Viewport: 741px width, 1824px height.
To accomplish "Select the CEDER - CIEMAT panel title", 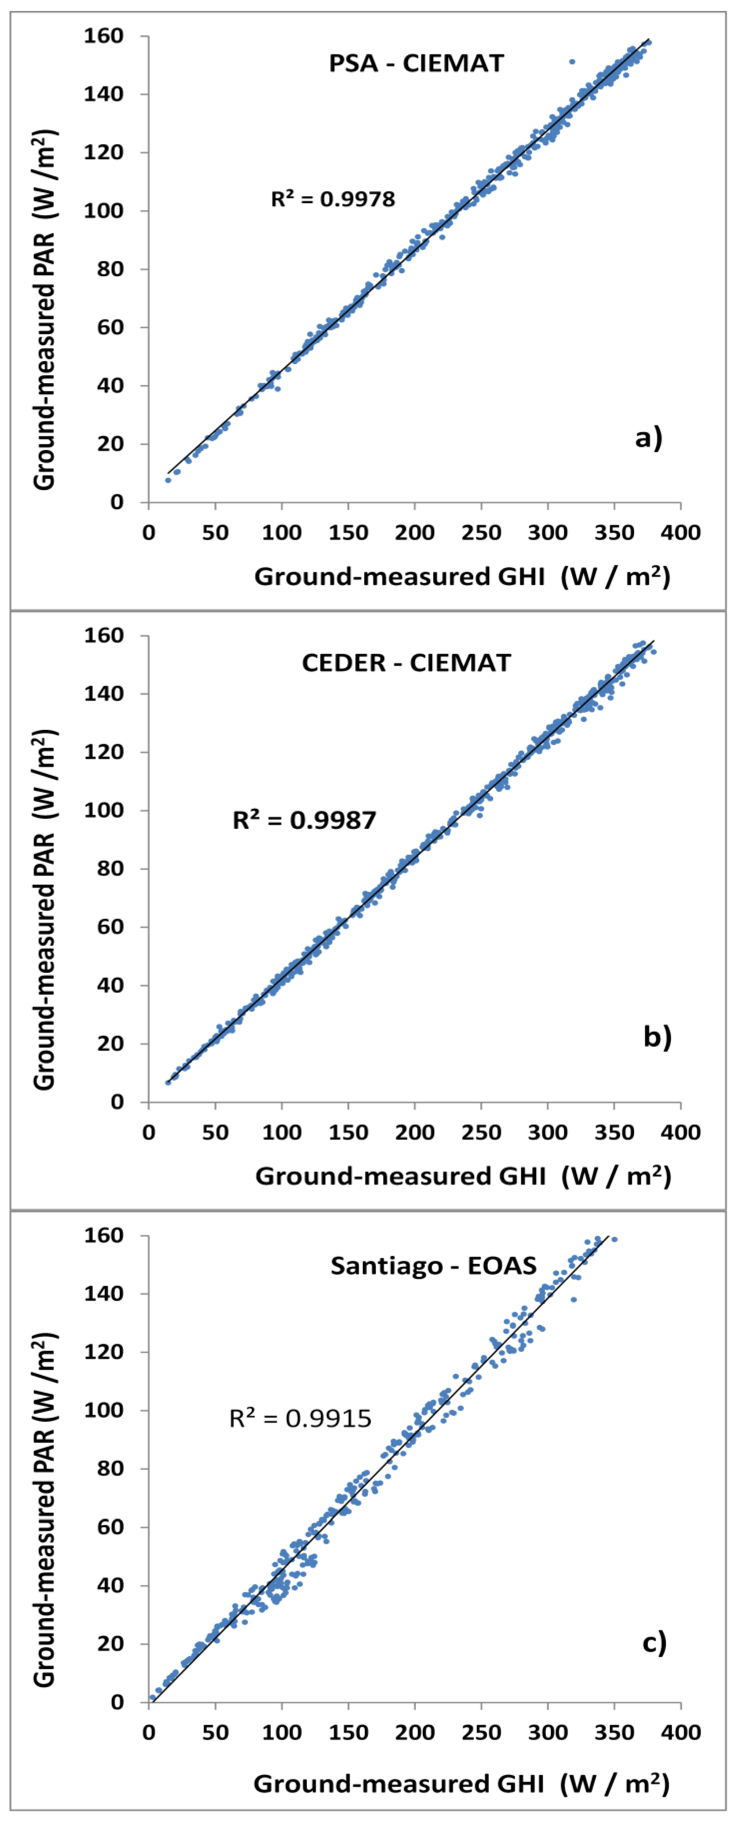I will point(406,663).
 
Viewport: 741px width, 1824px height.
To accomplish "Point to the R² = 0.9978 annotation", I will point(333,199).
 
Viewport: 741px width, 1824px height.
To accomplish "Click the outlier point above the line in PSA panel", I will point(572,62).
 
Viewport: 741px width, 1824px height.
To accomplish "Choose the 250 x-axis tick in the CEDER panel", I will point(481,1132).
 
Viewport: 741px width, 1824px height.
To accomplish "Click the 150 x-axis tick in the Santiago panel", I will point(348,1733).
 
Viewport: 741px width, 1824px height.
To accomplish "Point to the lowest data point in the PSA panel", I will point(168,480).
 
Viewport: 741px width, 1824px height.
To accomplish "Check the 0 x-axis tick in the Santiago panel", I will point(149,1733).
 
